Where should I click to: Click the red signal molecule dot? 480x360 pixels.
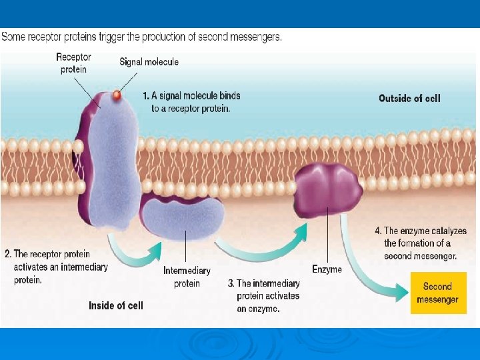[116, 95]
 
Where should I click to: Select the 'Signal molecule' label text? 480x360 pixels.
[149, 62]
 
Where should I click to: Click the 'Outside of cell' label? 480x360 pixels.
[409, 99]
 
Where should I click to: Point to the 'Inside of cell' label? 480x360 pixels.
[115, 305]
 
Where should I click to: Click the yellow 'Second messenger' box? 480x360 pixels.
[437, 293]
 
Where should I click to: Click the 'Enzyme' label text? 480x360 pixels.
[327, 269]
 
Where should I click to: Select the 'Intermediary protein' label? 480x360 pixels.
[187, 277]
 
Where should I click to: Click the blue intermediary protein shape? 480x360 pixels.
[184, 219]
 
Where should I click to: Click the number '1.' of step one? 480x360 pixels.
[147, 96]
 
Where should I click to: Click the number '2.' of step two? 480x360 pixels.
[8, 254]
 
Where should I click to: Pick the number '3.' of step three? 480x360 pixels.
[231, 283]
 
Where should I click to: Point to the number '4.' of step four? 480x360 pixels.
[378, 231]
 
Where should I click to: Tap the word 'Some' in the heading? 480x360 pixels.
[13, 37]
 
